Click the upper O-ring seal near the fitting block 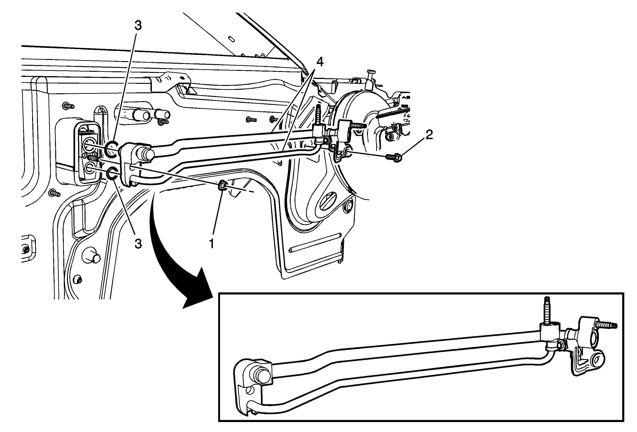(x=112, y=150)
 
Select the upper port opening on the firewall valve (x=89, y=145)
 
